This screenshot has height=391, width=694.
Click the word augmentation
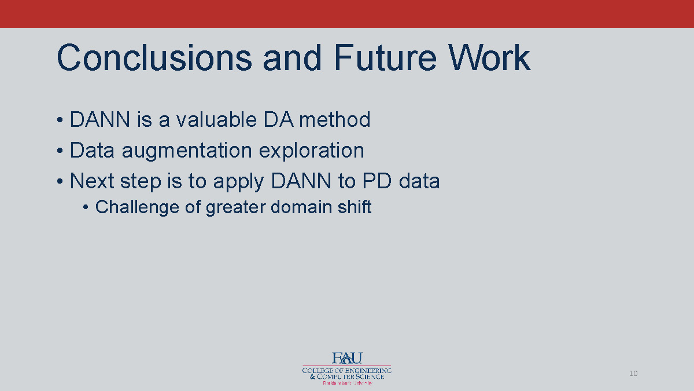pyautogui.click(x=187, y=151)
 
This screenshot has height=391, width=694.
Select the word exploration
pyautogui.click(x=311, y=151)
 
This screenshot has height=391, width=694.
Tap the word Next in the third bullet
pyautogui.click(x=91, y=181)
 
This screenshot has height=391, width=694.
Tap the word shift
pyautogui.click(x=354, y=207)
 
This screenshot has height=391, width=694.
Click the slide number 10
pyautogui.click(x=633, y=374)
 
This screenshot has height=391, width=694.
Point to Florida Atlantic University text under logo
pyautogui.click(x=346, y=383)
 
